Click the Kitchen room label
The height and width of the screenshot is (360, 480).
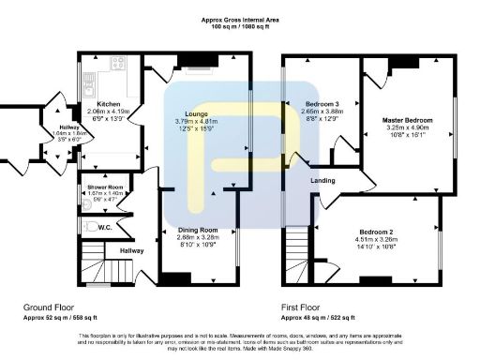(x=105, y=104)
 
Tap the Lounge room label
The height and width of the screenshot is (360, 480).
(x=196, y=114)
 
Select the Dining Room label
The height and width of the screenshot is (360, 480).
(x=197, y=230)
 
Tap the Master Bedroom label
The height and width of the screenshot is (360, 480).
(x=406, y=121)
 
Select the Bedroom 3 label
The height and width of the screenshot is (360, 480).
(x=323, y=103)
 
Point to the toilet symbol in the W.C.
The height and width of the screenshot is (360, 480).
(x=85, y=227)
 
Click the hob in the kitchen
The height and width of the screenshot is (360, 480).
(x=119, y=64)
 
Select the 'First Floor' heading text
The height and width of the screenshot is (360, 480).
(x=304, y=307)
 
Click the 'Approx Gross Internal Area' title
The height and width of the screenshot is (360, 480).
(x=239, y=20)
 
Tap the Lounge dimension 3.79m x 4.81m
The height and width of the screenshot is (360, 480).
(x=196, y=122)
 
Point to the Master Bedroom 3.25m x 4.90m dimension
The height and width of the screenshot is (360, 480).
(x=406, y=129)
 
